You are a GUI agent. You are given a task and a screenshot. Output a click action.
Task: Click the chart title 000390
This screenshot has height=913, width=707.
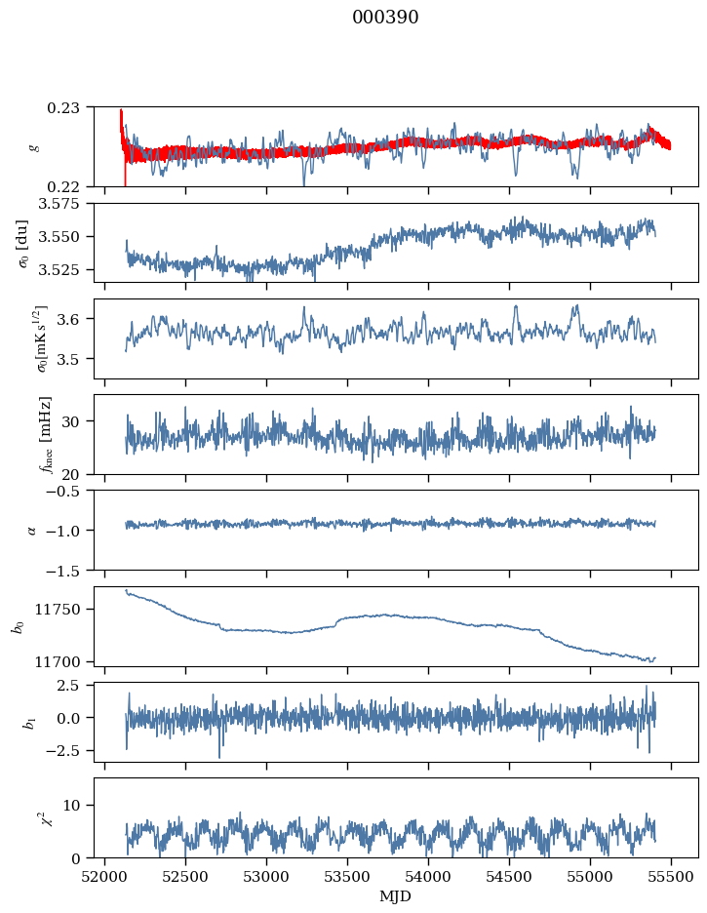[x=385, y=18]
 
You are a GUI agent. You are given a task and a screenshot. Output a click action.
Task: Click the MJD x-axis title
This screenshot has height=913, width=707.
[x=395, y=896]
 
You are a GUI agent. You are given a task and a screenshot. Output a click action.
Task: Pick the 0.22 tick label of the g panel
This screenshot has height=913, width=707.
[x=70, y=186]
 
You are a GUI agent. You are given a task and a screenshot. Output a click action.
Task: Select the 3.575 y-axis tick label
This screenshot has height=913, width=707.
[x=64, y=204]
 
